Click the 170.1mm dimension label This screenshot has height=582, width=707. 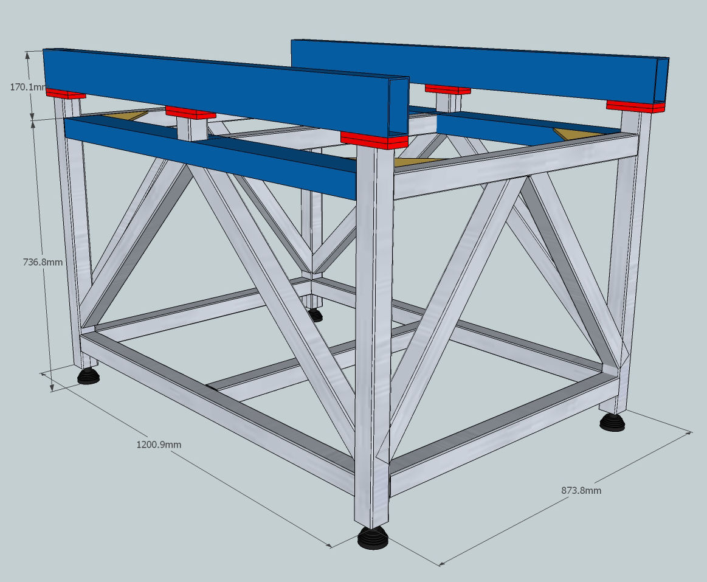tap(28, 86)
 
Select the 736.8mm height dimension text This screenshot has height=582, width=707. tap(43, 262)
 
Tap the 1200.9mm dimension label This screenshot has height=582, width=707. tap(159, 445)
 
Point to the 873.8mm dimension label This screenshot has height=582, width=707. tap(581, 490)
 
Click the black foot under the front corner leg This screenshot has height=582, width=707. tap(373, 538)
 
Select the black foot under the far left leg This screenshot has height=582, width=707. tap(88, 376)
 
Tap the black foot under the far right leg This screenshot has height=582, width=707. tap(612, 422)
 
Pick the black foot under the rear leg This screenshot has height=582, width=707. tap(315, 315)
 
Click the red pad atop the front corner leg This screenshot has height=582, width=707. tap(374, 140)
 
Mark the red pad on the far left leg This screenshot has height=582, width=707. tap(66, 94)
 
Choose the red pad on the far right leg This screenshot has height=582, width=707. tap(636, 106)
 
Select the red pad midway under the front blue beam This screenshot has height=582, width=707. tap(190, 113)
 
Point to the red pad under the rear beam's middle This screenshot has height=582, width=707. tap(447, 89)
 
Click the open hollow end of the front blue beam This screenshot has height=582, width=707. tap(398, 108)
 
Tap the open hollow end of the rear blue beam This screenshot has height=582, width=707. tap(661, 80)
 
